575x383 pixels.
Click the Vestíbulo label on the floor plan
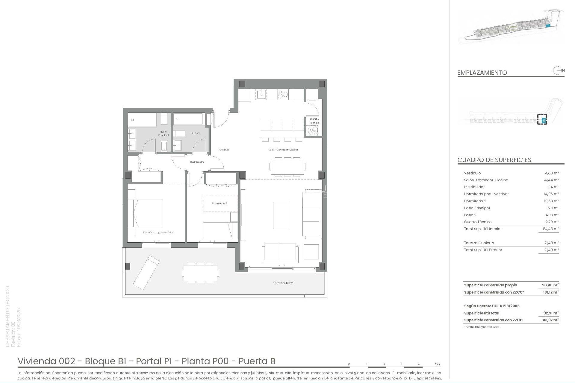[223, 150]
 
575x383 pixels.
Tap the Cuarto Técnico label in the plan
[314, 121]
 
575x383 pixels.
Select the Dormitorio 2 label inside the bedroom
[219, 203]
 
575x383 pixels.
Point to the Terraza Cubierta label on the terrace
[283, 283]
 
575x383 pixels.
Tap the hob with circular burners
[283, 94]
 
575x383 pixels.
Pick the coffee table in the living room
[281, 215]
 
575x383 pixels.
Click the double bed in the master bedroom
[146, 213]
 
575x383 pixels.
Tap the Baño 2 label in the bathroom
[195, 133]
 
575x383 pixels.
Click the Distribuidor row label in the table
[474, 187]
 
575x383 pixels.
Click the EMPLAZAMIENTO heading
[482, 73]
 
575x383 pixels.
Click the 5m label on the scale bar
[438, 364]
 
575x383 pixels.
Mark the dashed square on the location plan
[542, 119]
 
